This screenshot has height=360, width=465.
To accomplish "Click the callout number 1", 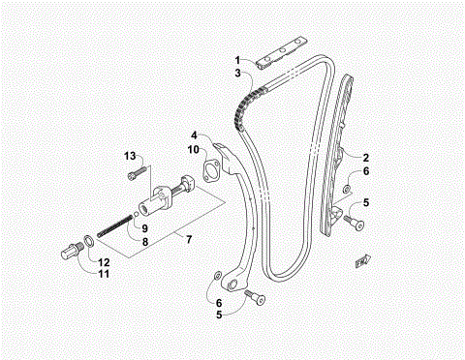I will tap(235, 60).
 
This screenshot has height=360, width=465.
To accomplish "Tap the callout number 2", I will tap(365, 156).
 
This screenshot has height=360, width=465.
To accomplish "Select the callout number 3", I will tap(235, 73).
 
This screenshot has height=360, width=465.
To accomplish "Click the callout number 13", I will tap(128, 156).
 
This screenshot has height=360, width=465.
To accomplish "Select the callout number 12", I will tap(105, 262).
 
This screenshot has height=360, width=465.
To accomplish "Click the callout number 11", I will tap(105, 275).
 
